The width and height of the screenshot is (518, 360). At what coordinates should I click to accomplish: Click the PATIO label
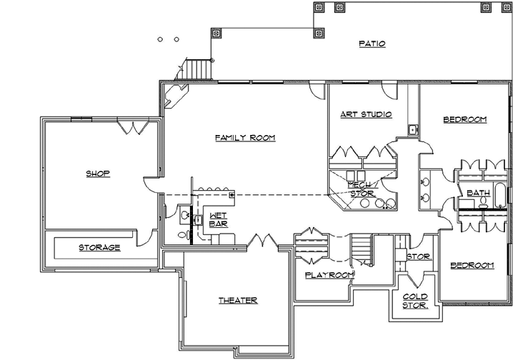click(372, 44)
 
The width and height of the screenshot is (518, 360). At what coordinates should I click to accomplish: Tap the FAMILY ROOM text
click(245, 137)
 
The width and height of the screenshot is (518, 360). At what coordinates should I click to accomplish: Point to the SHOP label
click(98, 174)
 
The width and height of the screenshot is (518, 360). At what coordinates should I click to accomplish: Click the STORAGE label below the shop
click(99, 248)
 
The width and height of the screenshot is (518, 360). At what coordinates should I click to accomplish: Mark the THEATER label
click(238, 301)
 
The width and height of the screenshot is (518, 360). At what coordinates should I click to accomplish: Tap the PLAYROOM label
click(330, 275)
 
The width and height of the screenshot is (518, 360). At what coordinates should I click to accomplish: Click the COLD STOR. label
click(415, 301)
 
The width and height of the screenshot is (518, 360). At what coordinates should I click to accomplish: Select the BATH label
click(477, 194)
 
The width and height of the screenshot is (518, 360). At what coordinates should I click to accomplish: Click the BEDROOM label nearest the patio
click(465, 119)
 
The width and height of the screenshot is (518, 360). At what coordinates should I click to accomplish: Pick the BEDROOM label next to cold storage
click(472, 266)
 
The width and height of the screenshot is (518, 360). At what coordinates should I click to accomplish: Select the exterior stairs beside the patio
click(198, 70)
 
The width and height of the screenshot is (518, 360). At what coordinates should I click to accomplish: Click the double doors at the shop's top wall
click(133, 128)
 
